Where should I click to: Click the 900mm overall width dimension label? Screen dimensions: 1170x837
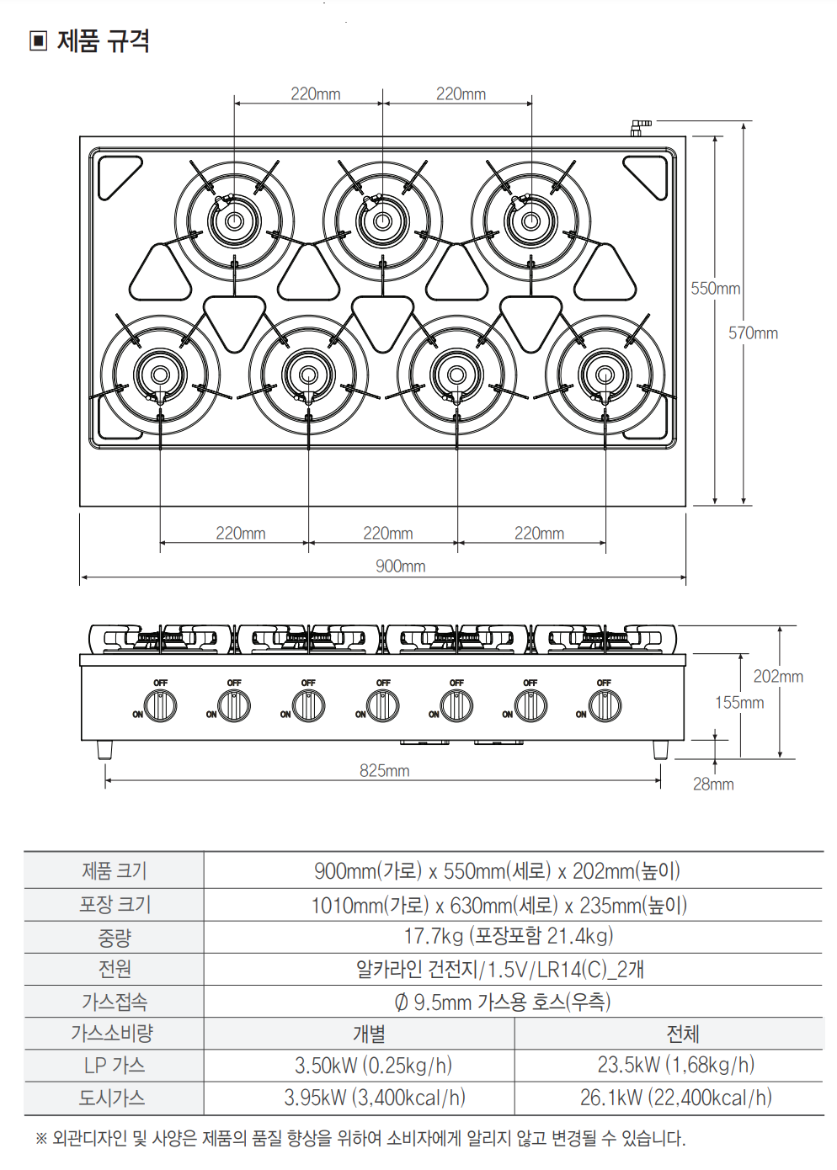click(400, 566)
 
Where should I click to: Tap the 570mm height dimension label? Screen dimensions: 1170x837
click(753, 333)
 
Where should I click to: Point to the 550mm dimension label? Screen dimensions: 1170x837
click(715, 289)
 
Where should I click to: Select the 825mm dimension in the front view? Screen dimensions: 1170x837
click(384, 771)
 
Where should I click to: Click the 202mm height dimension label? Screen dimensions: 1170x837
click(777, 677)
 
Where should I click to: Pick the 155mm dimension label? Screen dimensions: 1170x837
click(738, 703)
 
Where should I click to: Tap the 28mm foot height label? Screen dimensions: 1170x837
click(712, 784)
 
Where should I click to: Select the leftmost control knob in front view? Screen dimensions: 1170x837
click(161, 705)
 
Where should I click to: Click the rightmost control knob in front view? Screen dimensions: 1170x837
click(605, 705)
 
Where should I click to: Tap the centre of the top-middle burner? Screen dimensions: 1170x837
click(382, 221)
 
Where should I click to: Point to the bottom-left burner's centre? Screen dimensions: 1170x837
click(160, 375)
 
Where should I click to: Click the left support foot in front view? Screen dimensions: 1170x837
click(104, 749)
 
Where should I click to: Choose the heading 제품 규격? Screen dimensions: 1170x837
click(103, 40)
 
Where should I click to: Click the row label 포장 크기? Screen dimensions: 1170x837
click(115, 905)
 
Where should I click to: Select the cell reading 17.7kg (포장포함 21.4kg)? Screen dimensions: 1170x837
click(509, 936)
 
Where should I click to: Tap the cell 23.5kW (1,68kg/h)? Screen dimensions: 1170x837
click(675, 1066)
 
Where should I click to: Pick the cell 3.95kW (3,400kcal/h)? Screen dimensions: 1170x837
click(374, 1098)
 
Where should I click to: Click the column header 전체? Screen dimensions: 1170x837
click(682, 1034)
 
